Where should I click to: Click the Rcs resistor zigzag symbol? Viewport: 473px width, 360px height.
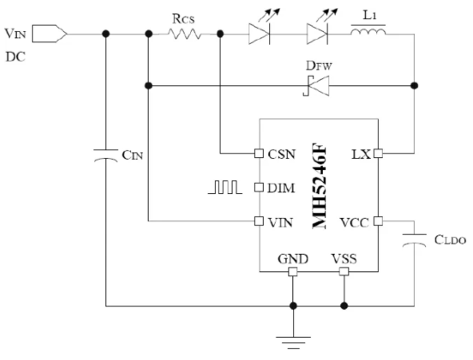click(184, 34)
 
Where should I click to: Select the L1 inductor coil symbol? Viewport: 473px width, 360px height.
click(368, 31)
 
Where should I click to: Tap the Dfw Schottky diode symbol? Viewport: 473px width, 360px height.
click(316, 86)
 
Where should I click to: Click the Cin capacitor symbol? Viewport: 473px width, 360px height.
click(105, 156)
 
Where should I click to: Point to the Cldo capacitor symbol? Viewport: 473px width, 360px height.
click(414, 240)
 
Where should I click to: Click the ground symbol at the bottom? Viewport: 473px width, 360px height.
click(293, 342)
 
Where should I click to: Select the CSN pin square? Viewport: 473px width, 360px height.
click(259, 153)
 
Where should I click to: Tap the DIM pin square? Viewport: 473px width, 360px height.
click(259, 188)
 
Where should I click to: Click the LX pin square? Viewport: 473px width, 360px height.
click(378, 153)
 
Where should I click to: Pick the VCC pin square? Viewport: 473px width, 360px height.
click(378, 221)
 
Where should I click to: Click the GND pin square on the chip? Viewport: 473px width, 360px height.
click(293, 271)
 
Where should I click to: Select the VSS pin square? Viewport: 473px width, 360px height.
click(344, 271)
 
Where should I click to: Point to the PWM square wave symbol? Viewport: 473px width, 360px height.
click(225, 187)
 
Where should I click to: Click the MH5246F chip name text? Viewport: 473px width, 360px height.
click(320, 185)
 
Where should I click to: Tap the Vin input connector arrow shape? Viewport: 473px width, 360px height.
click(50, 34)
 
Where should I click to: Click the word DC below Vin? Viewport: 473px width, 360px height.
click(15, 57)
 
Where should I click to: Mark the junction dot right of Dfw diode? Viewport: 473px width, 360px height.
click(414, 85)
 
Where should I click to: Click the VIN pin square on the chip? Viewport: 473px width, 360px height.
click(259, 221)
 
